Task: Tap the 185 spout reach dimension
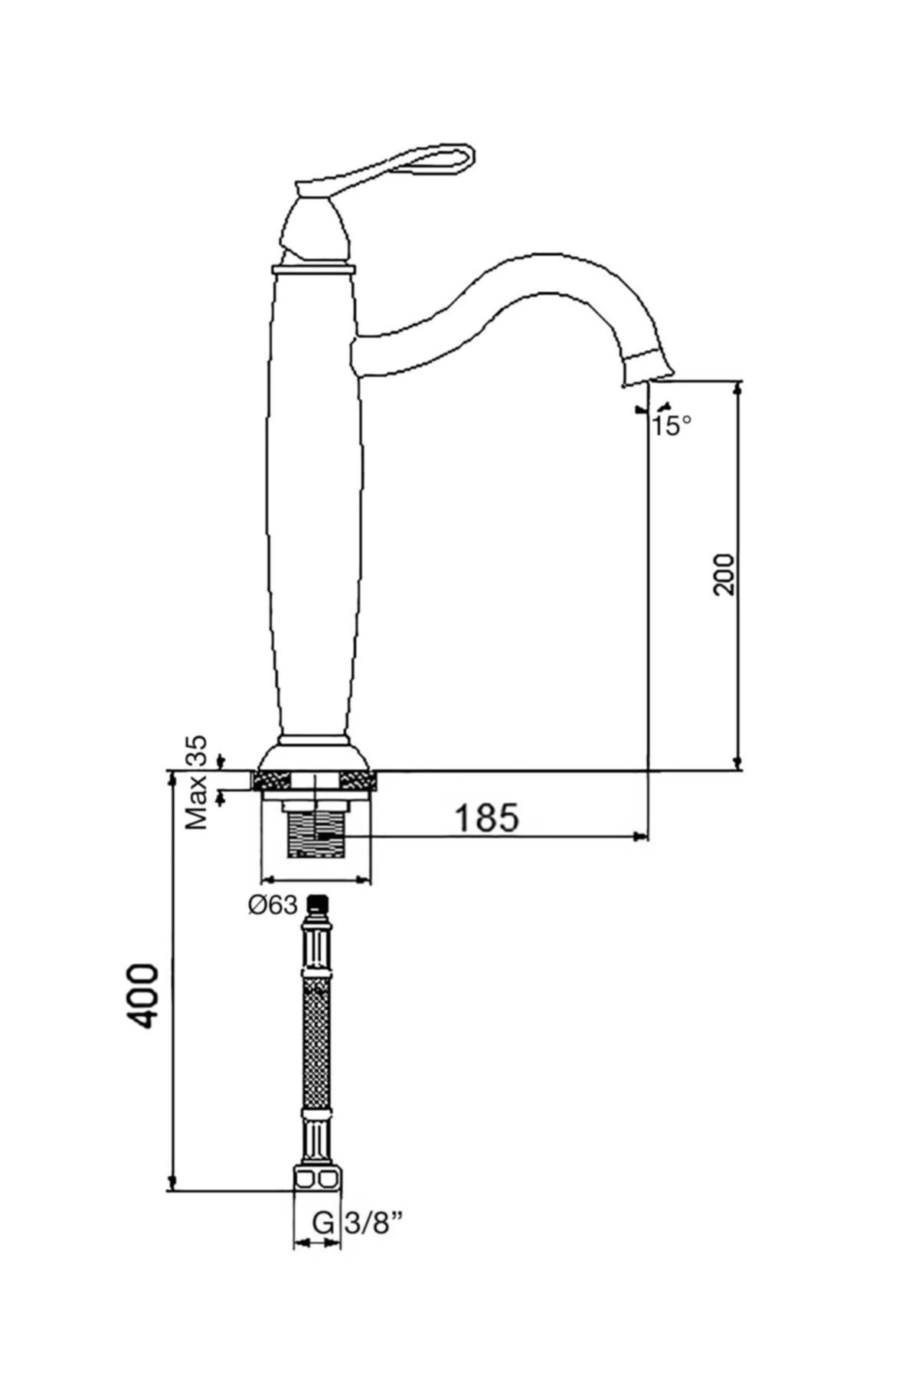pyautogui.click(x=487, y=817)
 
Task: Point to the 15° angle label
pyautogui.click(x=672, y=425)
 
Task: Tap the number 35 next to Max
pyautogui.click(x=198, y=753)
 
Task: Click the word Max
pyautogui.click(x=198, y=802)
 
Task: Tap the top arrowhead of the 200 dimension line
pyautogui.click(x=738, y=389)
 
